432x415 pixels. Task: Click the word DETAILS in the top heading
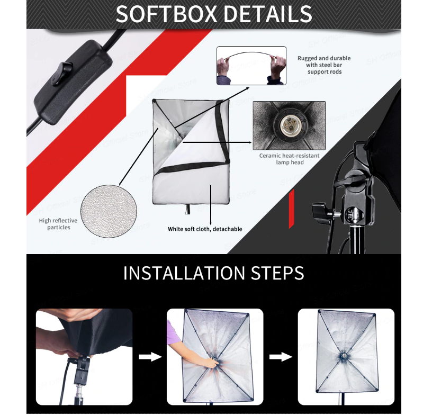pyautogui.click(x=268, y=14)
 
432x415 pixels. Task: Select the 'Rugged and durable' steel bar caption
pyautogui.click(x=324, y=65)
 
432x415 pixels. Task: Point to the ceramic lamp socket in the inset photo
pyautogui.click(x=289, y=125)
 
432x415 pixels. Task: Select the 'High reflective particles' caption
pyautogui.click(x=58, y=224)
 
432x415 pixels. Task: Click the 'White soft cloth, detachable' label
pyautogui.click(x=205, y=229)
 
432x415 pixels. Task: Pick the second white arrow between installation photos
pyautogui.click(x=281, y=357)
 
